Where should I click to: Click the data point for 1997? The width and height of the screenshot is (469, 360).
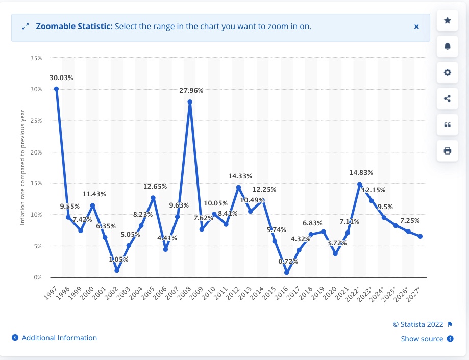coord(56,89)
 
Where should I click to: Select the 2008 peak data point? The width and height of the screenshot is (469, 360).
coord(190,101)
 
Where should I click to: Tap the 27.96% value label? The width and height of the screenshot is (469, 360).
coord(191,90)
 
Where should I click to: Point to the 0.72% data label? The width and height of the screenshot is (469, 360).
coord(288,261)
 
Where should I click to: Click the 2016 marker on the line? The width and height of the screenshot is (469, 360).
coord(287,273)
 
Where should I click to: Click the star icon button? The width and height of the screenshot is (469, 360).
coord(448,20)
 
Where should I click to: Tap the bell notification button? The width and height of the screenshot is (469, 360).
coord(448,46)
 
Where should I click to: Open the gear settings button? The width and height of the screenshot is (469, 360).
coord(448,72)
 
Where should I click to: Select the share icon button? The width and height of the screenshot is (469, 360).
coord(448,98)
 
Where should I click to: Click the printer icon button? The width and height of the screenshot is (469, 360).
coord(448,150)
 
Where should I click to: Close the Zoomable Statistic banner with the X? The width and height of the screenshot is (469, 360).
coord(416,27)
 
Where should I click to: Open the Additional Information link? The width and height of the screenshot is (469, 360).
coord(59,338)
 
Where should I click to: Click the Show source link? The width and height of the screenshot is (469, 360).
coord(422,339)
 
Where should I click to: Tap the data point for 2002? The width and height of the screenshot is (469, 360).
coord(117,271)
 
